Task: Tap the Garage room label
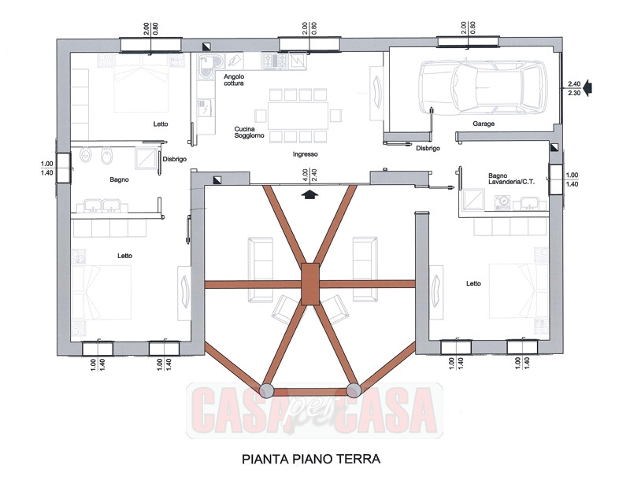click(484, 124)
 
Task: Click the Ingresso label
click(305, 154)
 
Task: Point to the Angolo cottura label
click(235, 79)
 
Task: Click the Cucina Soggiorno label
click(249, 133)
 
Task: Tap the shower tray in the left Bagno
click(146, 161)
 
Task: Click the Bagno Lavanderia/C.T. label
click(510, 179)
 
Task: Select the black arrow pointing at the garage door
click(591, 87)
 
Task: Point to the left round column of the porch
click(268, 389)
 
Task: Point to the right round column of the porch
click(354, 389)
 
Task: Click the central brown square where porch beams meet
click(310, 283)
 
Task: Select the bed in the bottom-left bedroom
click(102, 291)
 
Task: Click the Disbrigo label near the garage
click(427, 148)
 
